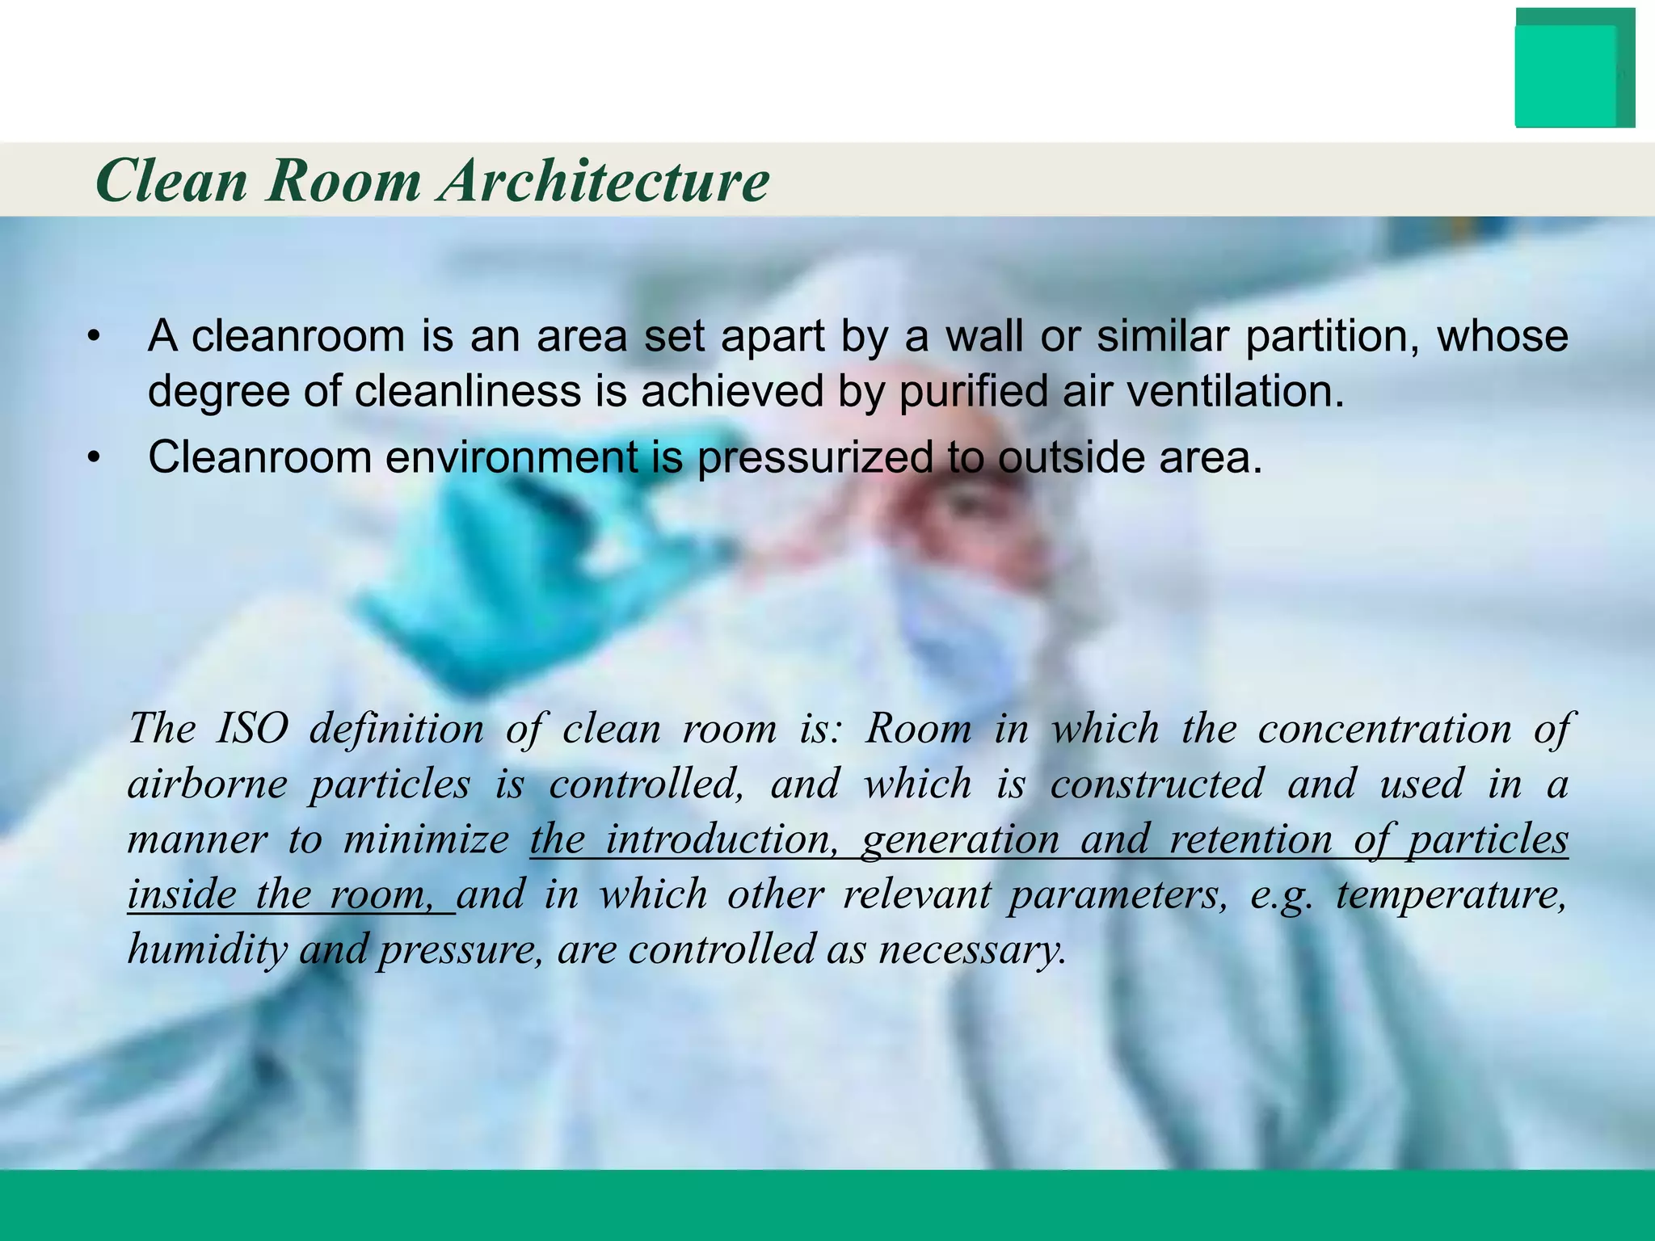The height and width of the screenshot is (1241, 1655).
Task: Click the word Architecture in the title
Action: (x=604, y=181)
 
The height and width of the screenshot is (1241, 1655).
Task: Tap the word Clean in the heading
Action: (x=171, y=181)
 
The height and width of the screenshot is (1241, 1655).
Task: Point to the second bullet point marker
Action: (x=95, y=458)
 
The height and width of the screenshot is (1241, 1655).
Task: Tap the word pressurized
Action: (x=815, y=458)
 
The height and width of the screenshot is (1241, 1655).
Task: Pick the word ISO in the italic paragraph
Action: (x=252, y=729)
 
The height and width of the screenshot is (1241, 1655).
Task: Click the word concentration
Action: (x=1384, y=729)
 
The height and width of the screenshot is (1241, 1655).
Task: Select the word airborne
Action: (x=207, y=785)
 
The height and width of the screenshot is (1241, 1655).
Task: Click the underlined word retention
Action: (x=1250, y=839)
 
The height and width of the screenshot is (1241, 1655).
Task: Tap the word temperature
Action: (x=1451, y=894)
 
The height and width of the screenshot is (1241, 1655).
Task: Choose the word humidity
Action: (x=207, y=949)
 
